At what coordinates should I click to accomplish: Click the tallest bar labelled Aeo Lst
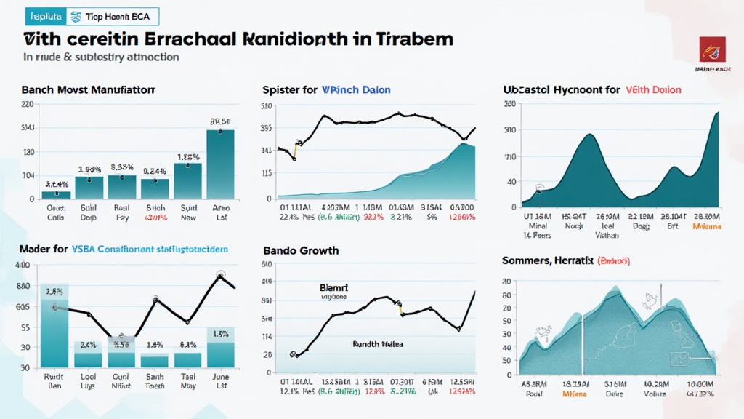pyautogui.click(x=220, y=164)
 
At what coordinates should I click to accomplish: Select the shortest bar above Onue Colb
pyautogui.click(x=56, y=195)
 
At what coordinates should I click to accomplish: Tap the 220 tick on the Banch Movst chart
pyautogui.click(x=28, y=105)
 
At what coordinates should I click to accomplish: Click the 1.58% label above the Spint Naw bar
pyautogui.click(x=188, y=156)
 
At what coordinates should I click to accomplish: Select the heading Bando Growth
pyautogui.click(x=300, y=251)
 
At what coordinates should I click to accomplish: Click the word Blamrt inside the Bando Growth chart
pyautogui.click(x=334, y=288)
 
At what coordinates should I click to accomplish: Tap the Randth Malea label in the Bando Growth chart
pyautogui.click(x=377, y=344)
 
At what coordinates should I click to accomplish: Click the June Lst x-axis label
pyautogui.click(x=221, y=381)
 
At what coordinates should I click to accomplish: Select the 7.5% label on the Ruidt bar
pyautogui.click(x=54, y=292)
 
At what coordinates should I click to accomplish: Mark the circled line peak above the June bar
pyautogui.click(x=221, y=276)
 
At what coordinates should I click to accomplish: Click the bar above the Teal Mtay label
pyautogui.click(x=187, y=360)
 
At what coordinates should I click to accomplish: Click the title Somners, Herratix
pyautogui.click(x=546, y=260)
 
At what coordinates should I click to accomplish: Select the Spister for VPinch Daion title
pyautogui.click(x=326, y=90)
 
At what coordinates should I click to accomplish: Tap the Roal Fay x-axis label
pyautogui.click(x=121, y=212)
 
